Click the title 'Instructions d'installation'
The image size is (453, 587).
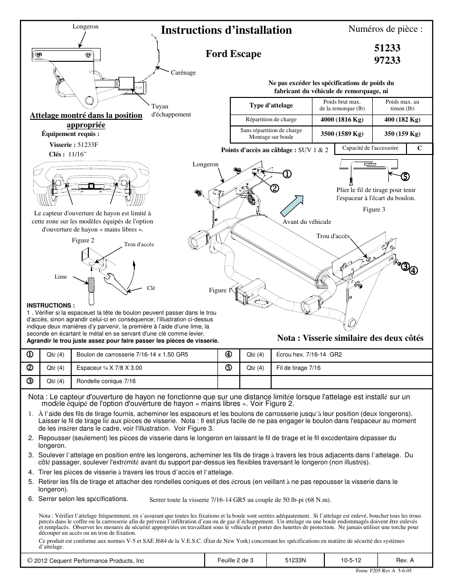point(226,30)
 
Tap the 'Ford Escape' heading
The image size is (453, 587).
point(233,54)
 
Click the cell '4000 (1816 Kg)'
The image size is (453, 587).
point(341,120)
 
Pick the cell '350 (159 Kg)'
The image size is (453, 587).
point(402,134)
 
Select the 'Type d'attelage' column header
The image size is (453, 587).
point(271,105)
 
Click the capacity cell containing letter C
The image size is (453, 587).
point(419,148)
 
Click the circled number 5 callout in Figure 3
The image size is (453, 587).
point(404,176)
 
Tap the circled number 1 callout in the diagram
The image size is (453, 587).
point(288,174)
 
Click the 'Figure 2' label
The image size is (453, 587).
point(83,240)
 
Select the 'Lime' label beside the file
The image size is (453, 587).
point(61,277)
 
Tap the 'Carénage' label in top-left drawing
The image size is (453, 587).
point(183,73)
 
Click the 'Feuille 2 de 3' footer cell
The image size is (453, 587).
point(236,560)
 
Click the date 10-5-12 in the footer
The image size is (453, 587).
point(350,560)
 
